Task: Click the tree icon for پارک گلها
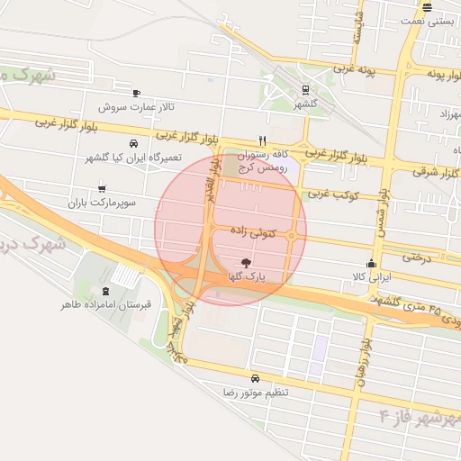[x=248, y=262]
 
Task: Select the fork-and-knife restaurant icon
[x=262, y=140]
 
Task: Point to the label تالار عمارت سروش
[x=138, y=107]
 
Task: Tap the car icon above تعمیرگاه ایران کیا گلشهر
[x=133, y=143]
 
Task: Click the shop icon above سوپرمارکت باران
[x=101, y=188]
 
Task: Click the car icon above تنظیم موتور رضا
[x=255, y=378]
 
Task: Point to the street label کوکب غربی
[x=333, y=194]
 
